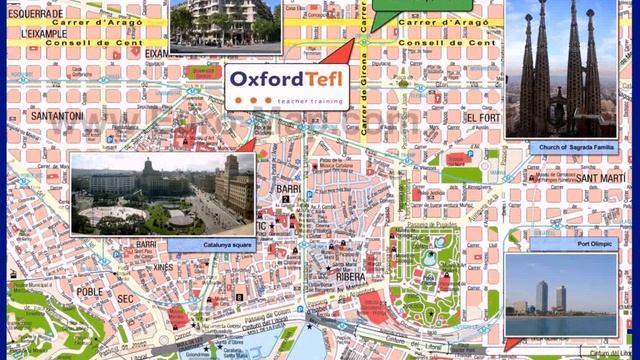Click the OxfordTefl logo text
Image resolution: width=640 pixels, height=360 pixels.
287,78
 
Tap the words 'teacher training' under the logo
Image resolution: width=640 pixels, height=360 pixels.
305,98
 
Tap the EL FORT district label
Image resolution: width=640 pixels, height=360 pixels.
481,117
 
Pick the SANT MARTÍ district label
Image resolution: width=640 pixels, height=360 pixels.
600,178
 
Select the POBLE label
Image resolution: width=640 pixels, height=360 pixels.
91,292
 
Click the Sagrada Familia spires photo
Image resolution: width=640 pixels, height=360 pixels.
560,67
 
